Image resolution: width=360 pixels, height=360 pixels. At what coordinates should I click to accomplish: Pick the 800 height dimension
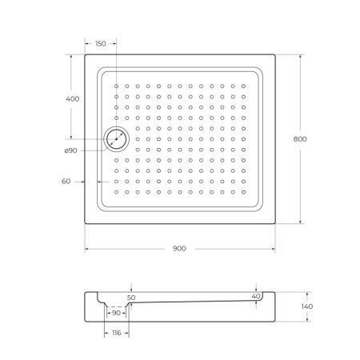coord(300,138)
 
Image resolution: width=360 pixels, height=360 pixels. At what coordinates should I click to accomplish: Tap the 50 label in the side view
coord(130,297)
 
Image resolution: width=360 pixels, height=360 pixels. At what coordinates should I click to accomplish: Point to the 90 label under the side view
coord(117,313)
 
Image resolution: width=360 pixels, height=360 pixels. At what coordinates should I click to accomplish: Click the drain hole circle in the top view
coord(117,138)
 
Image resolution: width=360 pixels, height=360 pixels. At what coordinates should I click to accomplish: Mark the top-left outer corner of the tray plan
coord(85,54)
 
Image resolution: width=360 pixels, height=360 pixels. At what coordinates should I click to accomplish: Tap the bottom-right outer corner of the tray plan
coord(275,223)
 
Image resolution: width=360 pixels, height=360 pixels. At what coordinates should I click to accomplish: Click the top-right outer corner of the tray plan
coord(275,54)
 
